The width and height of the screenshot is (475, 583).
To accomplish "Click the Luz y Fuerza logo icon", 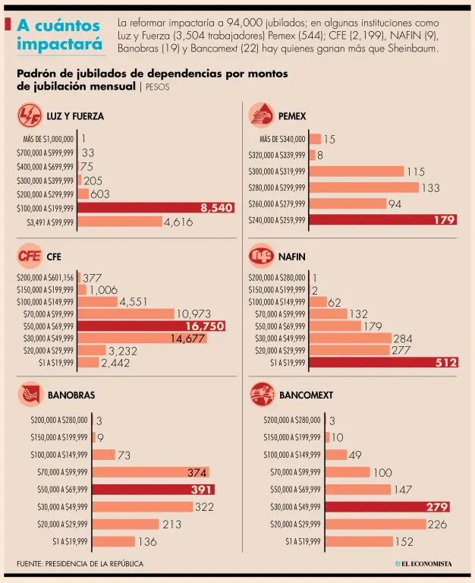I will (30, 116).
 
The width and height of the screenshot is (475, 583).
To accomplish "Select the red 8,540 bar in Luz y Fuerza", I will (156, 207).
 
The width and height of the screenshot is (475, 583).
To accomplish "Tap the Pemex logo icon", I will (262, 115).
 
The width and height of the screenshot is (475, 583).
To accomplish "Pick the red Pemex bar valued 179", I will (383, 220).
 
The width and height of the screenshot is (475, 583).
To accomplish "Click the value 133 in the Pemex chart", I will (430, 188).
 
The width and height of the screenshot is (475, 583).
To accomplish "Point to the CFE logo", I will (30, 256).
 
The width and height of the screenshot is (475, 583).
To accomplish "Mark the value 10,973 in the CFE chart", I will (193, 314).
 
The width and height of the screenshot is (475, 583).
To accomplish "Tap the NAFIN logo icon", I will (262, 256).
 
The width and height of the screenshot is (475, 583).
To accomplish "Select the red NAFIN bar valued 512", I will (384, 363).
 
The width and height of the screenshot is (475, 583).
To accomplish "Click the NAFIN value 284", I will (403, 338).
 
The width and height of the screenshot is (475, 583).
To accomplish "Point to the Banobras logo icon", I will (30, 395).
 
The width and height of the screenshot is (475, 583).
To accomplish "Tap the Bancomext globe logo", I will (262, 395).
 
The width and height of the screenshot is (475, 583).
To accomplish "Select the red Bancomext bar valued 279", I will (387, 506).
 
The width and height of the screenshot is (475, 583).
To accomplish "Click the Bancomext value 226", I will (437, 524).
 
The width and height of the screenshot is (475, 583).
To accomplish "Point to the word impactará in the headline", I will (60, 44).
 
